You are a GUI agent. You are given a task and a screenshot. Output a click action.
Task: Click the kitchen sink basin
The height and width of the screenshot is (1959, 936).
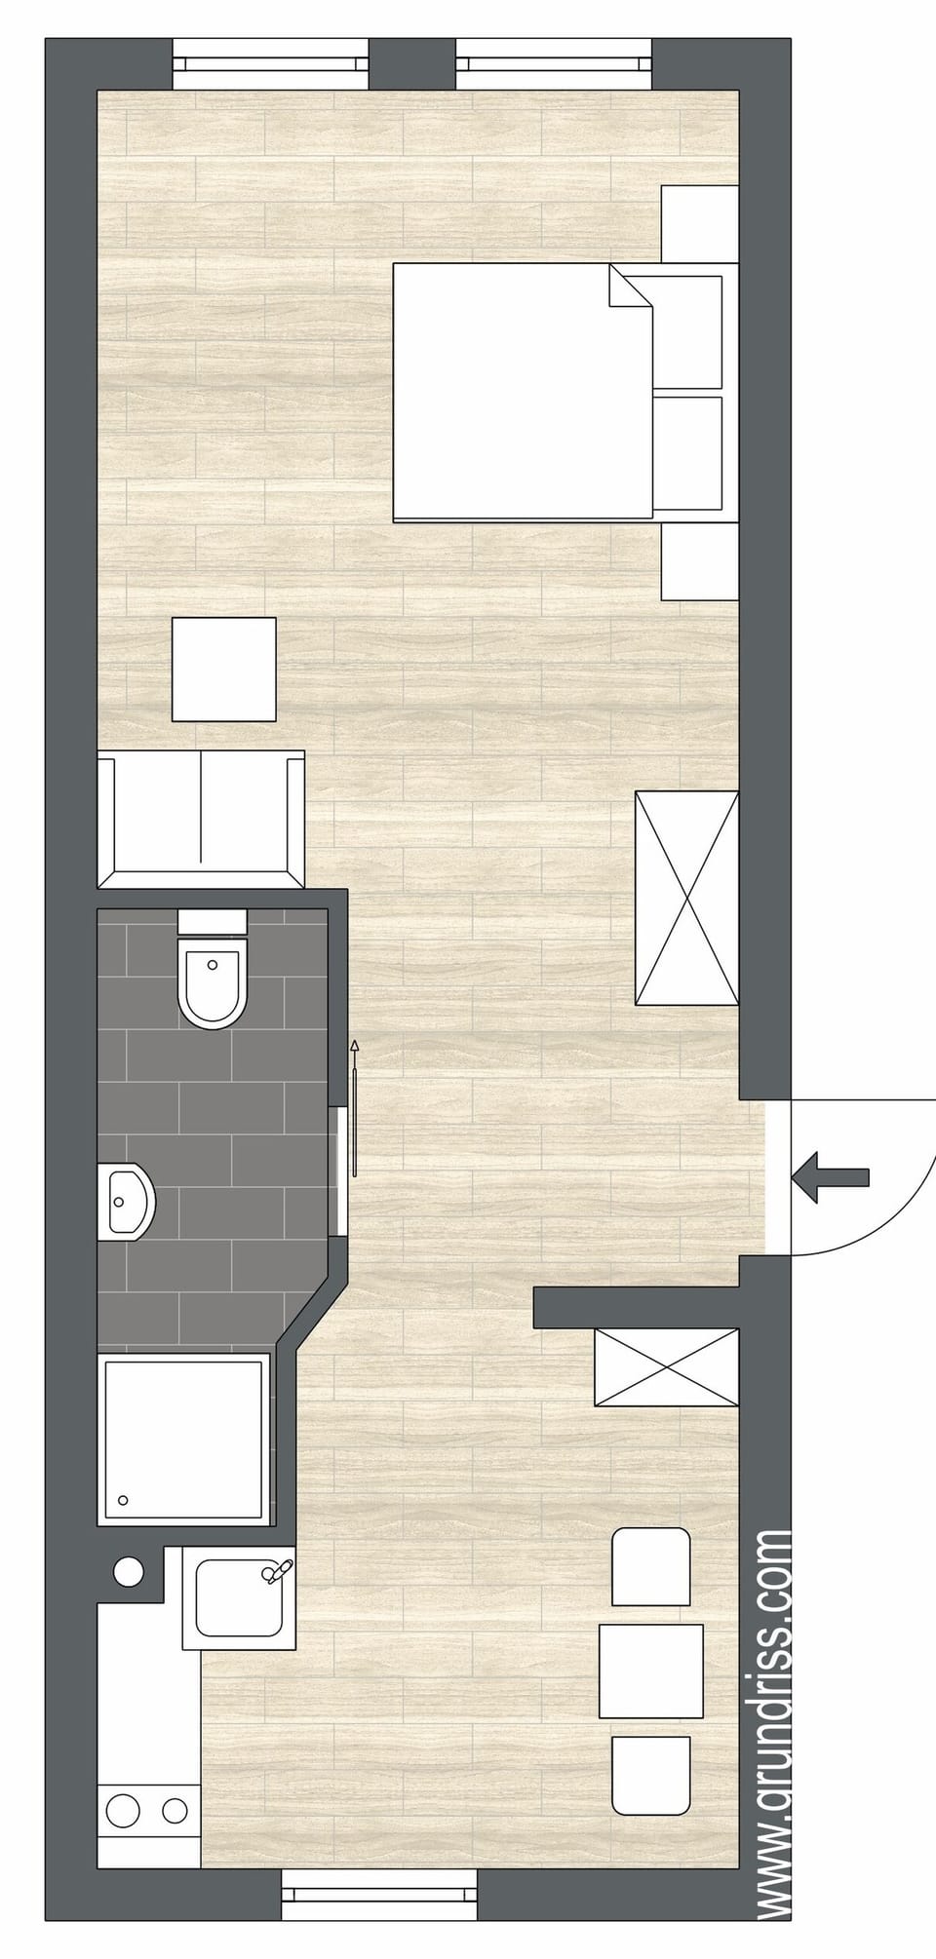coord(237,1598)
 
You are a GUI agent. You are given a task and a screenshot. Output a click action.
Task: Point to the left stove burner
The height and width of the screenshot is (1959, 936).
coord(125,1809)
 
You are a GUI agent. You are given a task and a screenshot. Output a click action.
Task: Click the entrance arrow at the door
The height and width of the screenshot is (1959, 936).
coord(829,1176)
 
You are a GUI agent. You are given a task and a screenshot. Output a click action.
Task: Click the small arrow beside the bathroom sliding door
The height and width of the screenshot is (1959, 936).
coord(355,1048)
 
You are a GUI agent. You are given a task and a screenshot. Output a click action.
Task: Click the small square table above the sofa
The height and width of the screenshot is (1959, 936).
coord(223,670)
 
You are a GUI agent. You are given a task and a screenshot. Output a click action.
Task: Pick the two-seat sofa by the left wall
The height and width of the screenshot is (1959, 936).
coord(202,818)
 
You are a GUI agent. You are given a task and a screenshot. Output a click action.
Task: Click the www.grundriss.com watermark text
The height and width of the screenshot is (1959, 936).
coord(774,1735)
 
